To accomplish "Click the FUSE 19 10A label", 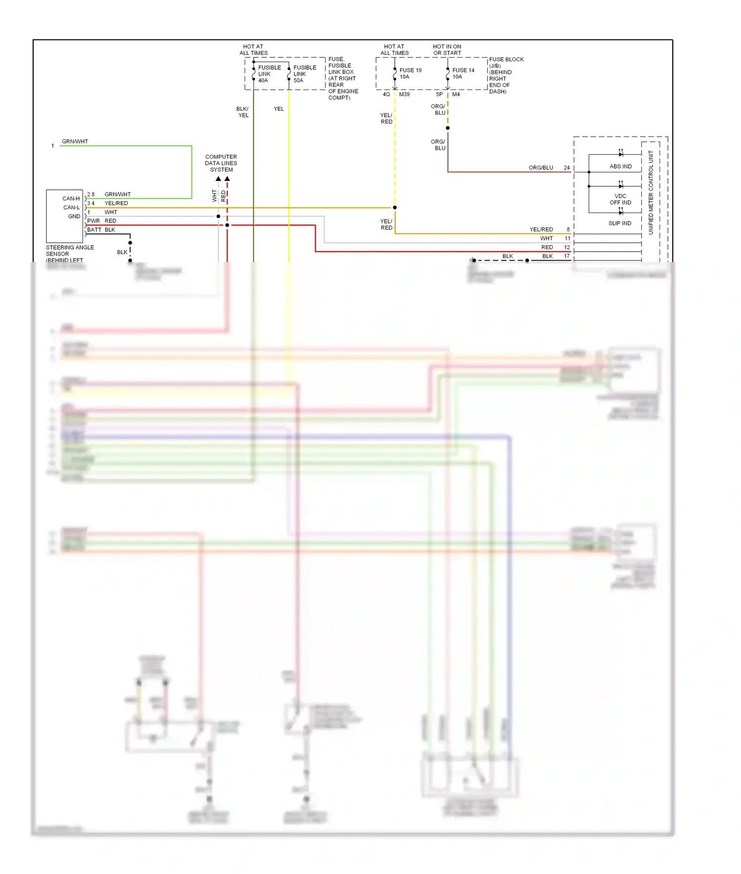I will click(x=410, y=73).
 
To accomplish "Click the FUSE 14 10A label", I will click(x=463, y=73).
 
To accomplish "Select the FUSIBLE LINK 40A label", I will click(x=269, y=74).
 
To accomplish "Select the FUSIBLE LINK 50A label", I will click(x=304, y=74).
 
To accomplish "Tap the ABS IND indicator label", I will click(x=620, y=167).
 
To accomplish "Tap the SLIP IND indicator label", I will click(x=619, y=223).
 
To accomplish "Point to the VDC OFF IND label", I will click(x=620, y=199).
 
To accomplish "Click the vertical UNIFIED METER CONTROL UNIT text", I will click(x=651, y=193).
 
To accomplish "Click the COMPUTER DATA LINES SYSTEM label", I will click(x=221, y=163).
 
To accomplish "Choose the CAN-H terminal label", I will click(x=71, y=199).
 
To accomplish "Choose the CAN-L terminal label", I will click(x=71, y=208).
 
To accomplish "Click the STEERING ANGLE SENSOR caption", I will click(x=69, y=251).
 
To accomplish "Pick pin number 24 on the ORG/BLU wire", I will click(x=567, y=168).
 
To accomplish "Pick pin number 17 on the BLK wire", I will click(x=567, y=256).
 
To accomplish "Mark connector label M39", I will click(x=404, y=94).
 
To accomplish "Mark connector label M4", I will click(x=455, y=94).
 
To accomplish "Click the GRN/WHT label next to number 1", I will click(x=75, y=141).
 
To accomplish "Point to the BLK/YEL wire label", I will click(x=243, y=112).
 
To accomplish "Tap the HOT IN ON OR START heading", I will click(x=447, y=49).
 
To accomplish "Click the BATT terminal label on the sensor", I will click(x=94, y=230).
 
